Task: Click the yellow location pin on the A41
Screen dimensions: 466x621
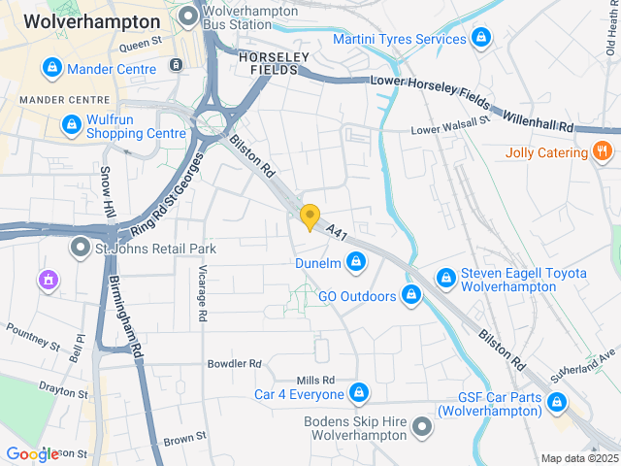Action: pyautogui.click(x=310, y=217)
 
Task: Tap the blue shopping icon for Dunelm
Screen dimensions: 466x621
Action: pyautogui.click(x=357, y=262)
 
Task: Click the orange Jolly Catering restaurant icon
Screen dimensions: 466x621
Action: pyautogui.click(x=603, y=152)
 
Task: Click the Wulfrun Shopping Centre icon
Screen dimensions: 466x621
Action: pyautogui.click(x=71, y=125)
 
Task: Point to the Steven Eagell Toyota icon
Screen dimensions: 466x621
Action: pyautogui.click(x=445, y=278)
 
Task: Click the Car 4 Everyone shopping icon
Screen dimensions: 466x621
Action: pyautogui.click(x=359, y=393)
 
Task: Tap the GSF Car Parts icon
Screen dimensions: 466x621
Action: pyautogui.click(x=556, y=402)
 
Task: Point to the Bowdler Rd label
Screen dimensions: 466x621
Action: pyautogui.click(x=235, y=364)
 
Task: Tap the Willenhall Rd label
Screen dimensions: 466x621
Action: pyautogui.click(x=539, y=120)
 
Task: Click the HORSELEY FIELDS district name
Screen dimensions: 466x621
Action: pyautogui.click(x=274, y=64)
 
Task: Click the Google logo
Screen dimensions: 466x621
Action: pyautogui.click(x=32, y=453)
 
